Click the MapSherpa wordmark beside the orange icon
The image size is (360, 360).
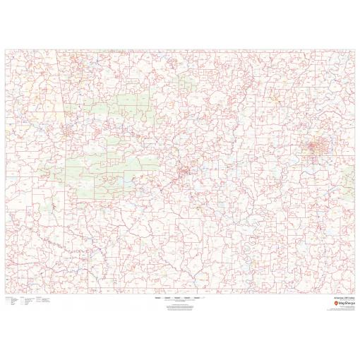[x=340, y=284]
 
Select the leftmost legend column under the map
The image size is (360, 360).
[x=10, y=284]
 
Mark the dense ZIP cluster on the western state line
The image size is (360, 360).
[x=68, y=131]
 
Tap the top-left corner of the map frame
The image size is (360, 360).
[x=5, y=49]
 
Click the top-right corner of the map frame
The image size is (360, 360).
[x=355, y=49]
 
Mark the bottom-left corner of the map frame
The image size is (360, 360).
[x=5, y=275]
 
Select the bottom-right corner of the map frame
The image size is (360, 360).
[x=355, y=275]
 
